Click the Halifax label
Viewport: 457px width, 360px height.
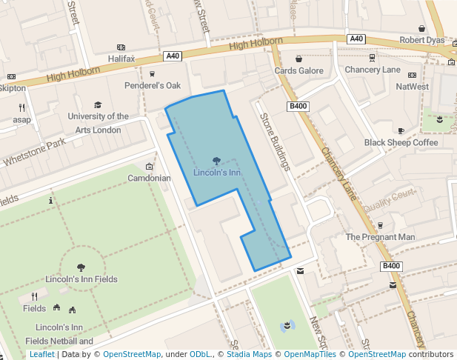point(121,58)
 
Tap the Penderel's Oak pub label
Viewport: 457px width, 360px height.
point(152,85)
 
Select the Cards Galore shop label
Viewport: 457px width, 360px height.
point(299,70)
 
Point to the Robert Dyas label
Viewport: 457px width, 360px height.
point(421,40)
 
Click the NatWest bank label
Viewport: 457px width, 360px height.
point(412,87)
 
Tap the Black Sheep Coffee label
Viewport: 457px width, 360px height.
point(401,142)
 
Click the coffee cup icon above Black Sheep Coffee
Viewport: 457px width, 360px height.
point(401,130)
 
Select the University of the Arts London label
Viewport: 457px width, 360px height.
point(98,123)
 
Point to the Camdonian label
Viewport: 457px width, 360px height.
point(149,178)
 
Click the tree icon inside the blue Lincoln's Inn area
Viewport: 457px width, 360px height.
point(216,161)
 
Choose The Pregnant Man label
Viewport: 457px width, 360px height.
point(381,237)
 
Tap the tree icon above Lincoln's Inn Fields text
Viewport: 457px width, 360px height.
point(81,268)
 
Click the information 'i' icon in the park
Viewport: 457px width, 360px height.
point(50,201)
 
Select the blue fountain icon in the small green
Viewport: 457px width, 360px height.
point(287,325)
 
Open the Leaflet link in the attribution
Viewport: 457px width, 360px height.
point(41,354)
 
